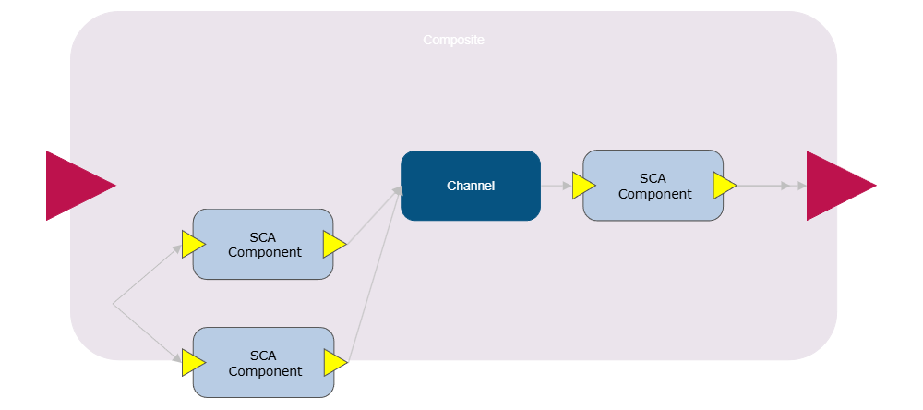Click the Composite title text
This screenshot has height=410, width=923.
[453, 41]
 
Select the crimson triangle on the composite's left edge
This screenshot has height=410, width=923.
[74, 186]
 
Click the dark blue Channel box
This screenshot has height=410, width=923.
[471, 186]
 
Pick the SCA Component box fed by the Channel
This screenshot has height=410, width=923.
[653, 186]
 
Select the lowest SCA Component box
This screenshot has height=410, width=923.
[263, 363]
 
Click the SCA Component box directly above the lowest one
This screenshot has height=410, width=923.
[263, 245]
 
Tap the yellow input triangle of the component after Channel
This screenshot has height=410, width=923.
[582, 186]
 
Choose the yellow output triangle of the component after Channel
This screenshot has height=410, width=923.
[723, 186]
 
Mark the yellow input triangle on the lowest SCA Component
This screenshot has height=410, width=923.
[192, 363]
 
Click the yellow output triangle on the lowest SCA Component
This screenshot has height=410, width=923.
[333, 363]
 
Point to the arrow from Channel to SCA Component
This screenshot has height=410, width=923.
[556, 186]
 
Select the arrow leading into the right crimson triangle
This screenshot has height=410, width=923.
[771, 186]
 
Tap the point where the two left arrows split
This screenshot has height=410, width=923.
[113, 303]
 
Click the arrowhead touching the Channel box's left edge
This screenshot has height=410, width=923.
[398, 189]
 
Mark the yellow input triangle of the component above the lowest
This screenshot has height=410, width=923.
[192, 245]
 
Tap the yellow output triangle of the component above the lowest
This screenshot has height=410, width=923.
[333, 245]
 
